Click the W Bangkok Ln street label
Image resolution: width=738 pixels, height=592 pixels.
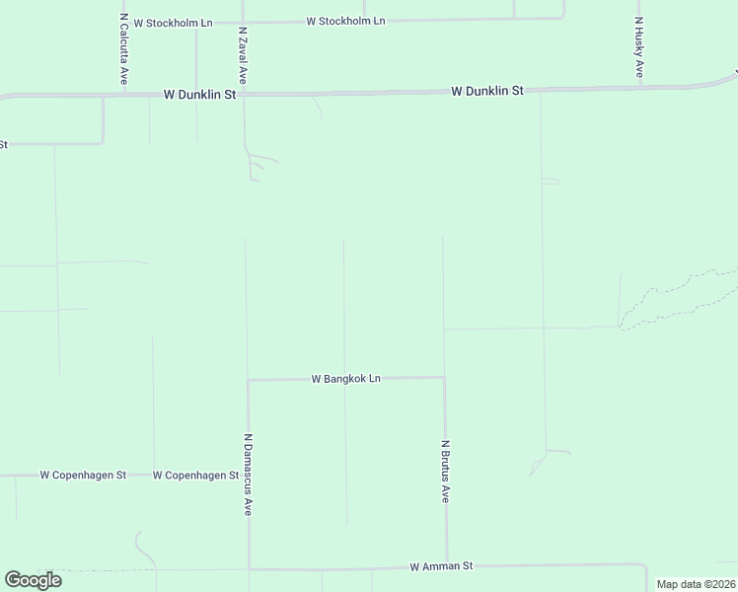(345, 378)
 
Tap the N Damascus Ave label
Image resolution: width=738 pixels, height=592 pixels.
(249, 475)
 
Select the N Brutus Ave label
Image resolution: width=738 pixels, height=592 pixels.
(446, 472)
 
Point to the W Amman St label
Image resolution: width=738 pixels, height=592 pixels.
(441, 566)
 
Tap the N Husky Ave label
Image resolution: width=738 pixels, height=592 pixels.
(639, 47)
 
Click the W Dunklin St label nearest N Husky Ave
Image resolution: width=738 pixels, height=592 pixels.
(487, 91)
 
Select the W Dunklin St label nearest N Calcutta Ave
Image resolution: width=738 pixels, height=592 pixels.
(200, 95)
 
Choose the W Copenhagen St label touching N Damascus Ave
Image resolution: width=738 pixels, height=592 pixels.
(196, 475)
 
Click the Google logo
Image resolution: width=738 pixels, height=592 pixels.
(33, 580)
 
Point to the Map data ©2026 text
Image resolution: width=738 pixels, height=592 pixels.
(696, 584)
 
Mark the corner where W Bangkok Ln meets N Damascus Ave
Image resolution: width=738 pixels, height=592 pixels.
(248, 380)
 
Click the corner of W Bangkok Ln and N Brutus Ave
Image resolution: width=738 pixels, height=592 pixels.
(444, 377)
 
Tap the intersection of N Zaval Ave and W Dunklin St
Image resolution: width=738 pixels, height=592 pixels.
(243, 95)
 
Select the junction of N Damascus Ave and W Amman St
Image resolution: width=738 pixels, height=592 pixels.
(249, 568)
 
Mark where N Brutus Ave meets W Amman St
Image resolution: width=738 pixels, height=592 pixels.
(447, 566)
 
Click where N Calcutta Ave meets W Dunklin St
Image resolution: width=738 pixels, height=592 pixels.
(123, 96)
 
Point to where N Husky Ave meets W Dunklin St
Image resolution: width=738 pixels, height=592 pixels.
(639, 87)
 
